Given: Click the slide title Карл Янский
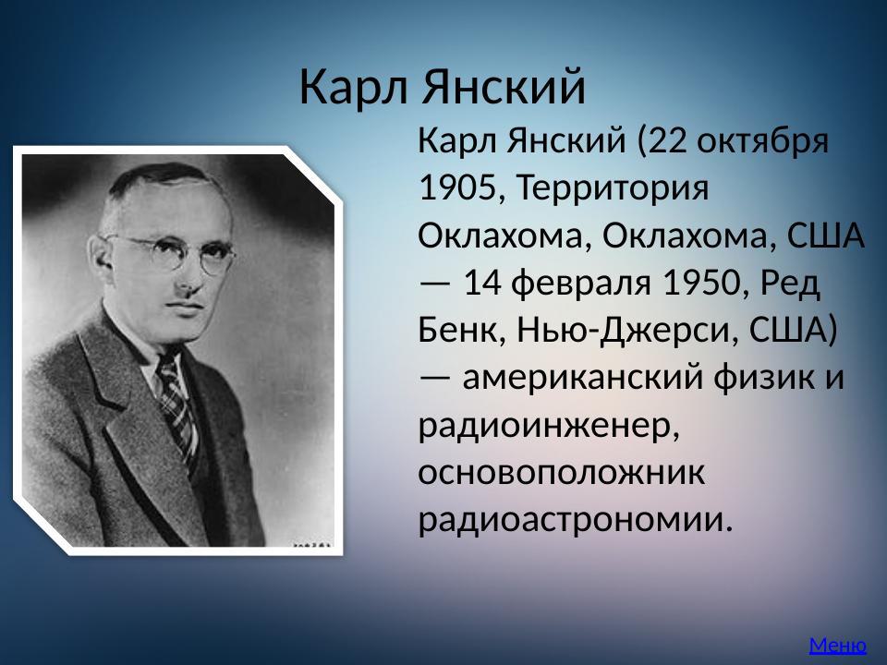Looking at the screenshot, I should (x=443, y=88).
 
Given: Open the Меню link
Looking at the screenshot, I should (x=837, y=645).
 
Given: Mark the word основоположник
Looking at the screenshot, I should (x=561, y=472).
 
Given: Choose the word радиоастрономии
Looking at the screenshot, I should (x=574, y=519).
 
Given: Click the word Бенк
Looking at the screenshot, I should (x=456, y=331).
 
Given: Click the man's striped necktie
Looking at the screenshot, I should (x=176, y=397).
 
